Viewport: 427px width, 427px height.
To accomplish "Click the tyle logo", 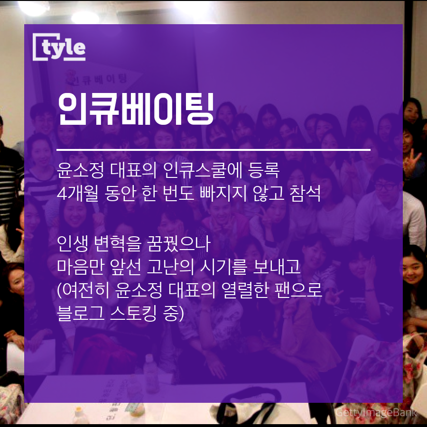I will [x=60, y=47].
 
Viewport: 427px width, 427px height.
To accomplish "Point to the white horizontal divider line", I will [x=213, y=150].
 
